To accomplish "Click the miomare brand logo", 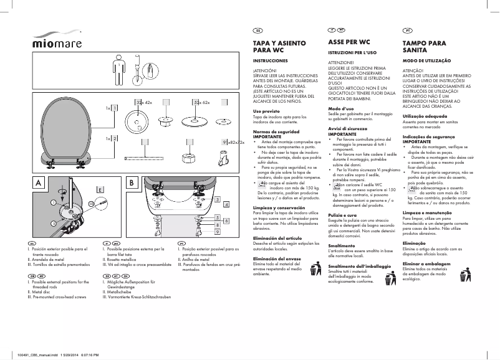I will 57,42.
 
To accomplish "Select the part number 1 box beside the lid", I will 115,108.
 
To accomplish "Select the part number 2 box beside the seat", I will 115,138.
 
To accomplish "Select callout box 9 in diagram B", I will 216,249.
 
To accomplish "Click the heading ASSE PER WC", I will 350,41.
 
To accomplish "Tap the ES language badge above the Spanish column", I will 257,30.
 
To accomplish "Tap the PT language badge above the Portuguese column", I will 407,30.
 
